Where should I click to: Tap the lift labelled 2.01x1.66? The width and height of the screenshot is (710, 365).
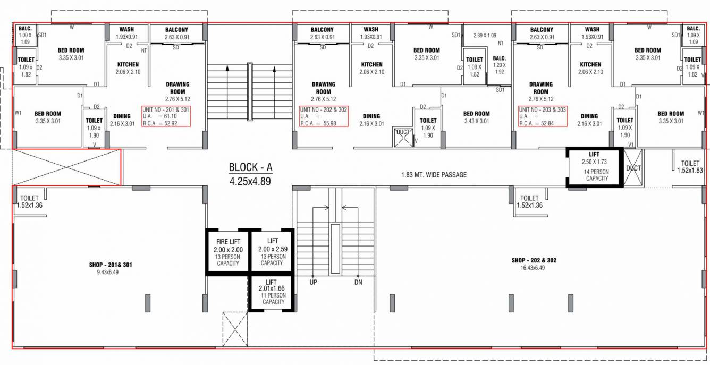pyautogui.click(x=272, y=292)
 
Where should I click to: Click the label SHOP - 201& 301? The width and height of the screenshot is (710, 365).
pyautogui.click(x=111, y=264)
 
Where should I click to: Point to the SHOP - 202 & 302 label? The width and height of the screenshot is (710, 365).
pyautogui.click(x=534, y=260)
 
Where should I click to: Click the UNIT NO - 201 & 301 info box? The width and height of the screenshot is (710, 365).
pyautogui.click(x=165, y=116)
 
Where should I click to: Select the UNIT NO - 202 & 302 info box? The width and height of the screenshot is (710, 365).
pyautogui.click(x=323, y=116)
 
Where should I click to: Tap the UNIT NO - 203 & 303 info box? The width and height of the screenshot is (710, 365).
pyautogui.click(x=543, y=116)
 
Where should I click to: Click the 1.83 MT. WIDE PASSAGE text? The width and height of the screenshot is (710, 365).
pyautogui.click(x=434, y=175)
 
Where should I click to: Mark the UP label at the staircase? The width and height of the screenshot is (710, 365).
pyautogui.click(x=313, y=282)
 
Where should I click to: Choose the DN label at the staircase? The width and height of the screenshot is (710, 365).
pyautogui.click(x=358, y=282)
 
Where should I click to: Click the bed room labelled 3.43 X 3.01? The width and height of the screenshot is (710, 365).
pyautogui.click(x=476, y=117)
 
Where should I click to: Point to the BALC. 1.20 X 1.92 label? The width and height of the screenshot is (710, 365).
pyautogui.click(x=499, y=65)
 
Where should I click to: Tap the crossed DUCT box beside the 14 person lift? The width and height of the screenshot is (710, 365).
pyautogui.click(x=633, y=167)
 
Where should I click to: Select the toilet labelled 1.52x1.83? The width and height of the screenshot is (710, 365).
pyautogui.click(x=690, y=167)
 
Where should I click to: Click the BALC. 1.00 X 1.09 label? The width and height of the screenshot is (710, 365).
pyautogui.click(x=25, y=35)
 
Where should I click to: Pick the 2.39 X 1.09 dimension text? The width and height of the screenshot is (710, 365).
pyautogui.click(x=484, y=35)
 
